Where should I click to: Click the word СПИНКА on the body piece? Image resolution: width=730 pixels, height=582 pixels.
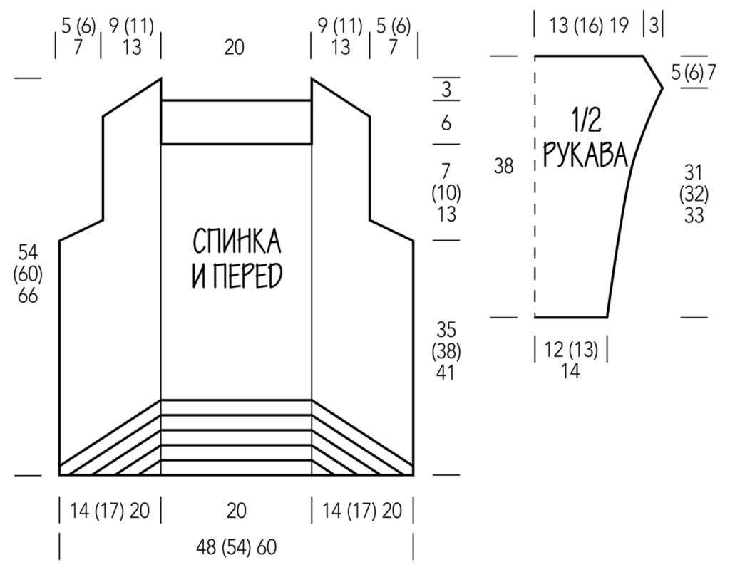(x=237, y=243)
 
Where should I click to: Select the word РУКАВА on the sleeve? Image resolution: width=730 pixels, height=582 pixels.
(x=585, y=154)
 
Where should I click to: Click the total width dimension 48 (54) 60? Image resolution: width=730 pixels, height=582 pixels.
(x=236, y=548)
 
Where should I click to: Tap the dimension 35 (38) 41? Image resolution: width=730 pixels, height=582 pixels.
(x=446, y=350)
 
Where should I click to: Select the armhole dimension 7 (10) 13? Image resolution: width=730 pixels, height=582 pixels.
(x=446, y=192)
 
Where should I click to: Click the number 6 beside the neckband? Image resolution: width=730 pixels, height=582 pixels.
(x=446, y=123)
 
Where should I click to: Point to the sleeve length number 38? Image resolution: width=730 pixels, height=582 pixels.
(x=504, y=167)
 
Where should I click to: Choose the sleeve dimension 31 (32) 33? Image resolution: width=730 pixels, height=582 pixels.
(x=694, y=193)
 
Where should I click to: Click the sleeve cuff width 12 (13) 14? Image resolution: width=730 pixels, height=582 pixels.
(x=570, y=360)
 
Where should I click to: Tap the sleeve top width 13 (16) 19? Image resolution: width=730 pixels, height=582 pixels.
(x=589, y=26)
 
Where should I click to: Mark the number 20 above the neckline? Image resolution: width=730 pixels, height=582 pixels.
(x=235, y=47)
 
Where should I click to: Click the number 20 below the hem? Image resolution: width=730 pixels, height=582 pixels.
(x=236, y=510)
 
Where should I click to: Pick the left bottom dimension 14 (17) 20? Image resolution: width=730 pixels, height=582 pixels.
(x=110, y=510)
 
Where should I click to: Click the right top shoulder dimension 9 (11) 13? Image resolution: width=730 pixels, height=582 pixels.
(x=341, y=37)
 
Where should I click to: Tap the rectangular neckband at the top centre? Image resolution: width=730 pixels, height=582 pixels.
(x=236, y=123)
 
